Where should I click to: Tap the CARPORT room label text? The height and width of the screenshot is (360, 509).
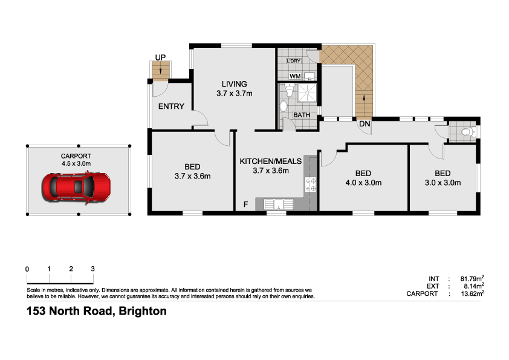(76, 155)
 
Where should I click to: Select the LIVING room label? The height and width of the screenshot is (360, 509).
(233, 84)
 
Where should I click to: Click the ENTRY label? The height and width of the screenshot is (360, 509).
(170, 106)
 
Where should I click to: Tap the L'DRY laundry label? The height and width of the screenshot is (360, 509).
(293, 62)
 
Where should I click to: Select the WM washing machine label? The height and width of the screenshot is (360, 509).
(295, 76)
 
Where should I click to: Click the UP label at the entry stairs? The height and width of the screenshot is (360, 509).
(160, 57)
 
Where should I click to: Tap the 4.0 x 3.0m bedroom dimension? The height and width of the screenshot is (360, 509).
(363, 182)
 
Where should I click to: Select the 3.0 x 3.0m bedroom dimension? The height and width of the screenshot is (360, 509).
(443, 182)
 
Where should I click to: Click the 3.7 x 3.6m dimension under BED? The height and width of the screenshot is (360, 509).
(192, 177)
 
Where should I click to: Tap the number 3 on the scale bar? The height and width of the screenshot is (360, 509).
(92, 269)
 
